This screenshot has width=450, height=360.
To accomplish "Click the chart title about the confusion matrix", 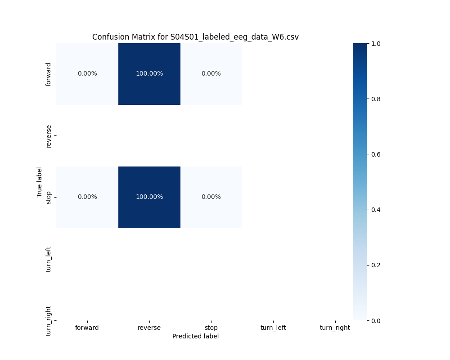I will tap(195, 37).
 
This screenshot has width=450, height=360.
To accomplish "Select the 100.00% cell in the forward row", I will tap(149, 74).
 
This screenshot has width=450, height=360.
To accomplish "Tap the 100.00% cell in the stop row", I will tap(149, 197).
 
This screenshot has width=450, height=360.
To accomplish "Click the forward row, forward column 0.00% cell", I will tap(87, 74).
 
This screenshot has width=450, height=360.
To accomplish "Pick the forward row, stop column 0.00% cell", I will tap(211, 74).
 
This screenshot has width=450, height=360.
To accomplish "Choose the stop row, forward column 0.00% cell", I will tap(87, 197).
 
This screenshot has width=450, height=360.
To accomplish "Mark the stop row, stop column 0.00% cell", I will tap(211, 197).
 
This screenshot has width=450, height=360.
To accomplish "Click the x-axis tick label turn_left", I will tap(273, 328).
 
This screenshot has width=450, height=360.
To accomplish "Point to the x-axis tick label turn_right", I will tap(335, 328).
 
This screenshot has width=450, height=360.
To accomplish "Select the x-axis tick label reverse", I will tap(149, 328).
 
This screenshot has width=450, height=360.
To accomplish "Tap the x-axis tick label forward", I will tap(87, 328).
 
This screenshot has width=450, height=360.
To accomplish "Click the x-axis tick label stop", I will tap(211, 328).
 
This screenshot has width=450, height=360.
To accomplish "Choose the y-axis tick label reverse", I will tap(49, 136).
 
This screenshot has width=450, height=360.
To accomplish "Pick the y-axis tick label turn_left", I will tap(49, 259).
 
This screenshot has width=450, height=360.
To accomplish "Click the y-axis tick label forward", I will tap(49, 74).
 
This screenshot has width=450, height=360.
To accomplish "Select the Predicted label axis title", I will tap(195, 336).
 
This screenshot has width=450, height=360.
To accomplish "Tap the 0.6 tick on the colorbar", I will tap(376, 154).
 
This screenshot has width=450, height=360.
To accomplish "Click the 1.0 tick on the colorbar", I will tap(376, 44).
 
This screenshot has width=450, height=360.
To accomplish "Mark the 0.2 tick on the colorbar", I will tap(376, 265).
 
